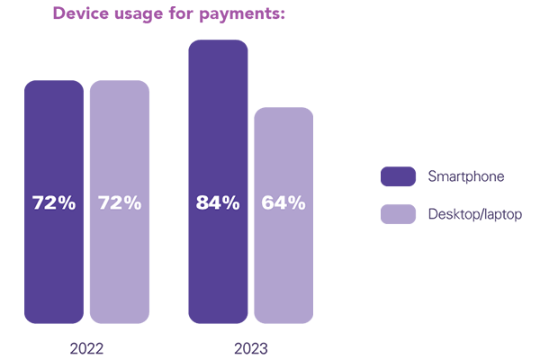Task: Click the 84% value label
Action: (218, 202)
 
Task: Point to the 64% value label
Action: (283, 202)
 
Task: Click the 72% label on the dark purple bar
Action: (54, 202)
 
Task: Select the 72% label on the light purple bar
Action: (119, 202)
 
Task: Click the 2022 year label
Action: (86, 348)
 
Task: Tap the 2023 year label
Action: (250, 348)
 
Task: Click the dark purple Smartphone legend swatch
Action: (398, 176)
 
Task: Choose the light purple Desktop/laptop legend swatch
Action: (398, 214)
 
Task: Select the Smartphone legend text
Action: (466, 176)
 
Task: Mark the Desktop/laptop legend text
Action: (475, 214)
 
